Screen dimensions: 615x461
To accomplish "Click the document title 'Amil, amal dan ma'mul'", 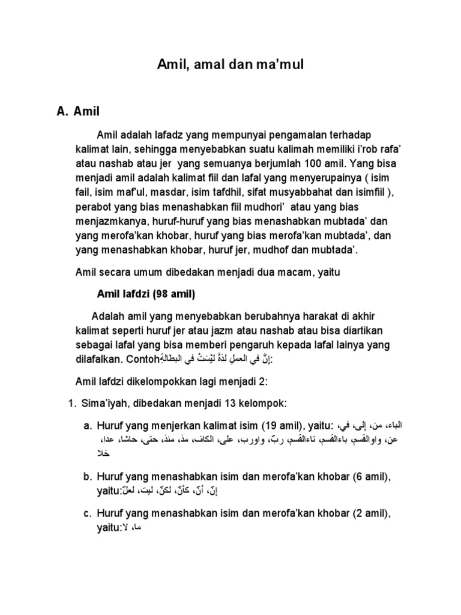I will point(230,65).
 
